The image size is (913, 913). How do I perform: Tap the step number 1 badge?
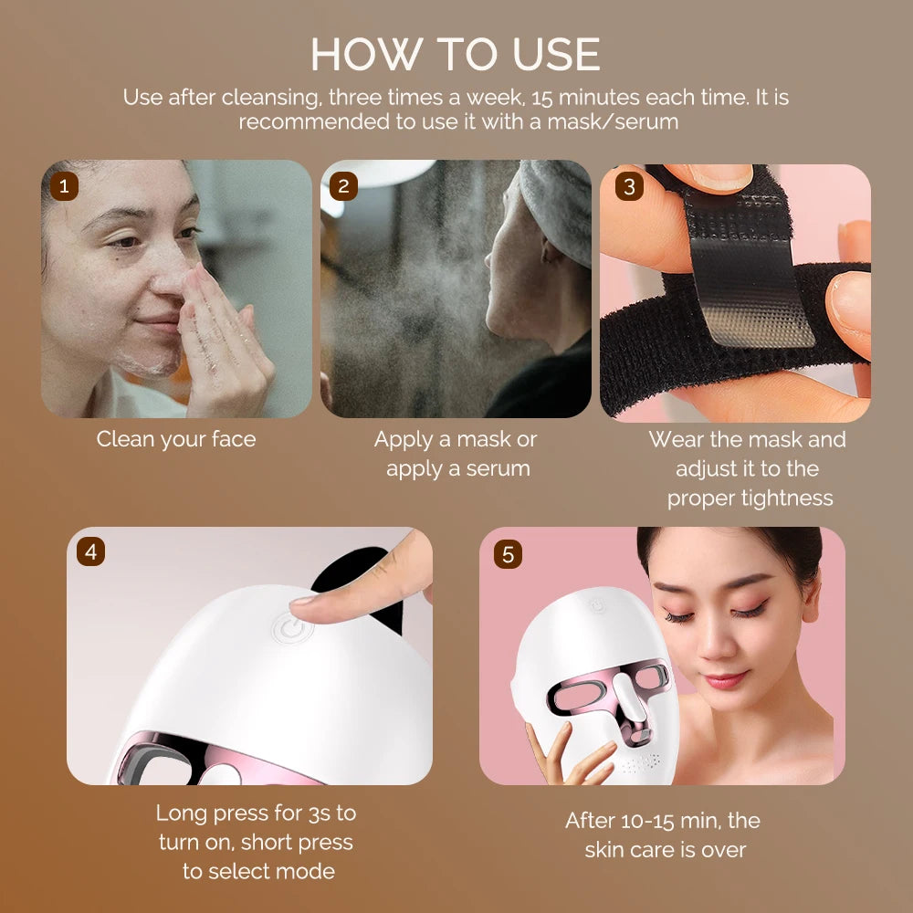point(63,186)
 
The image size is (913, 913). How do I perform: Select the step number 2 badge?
point(343,186)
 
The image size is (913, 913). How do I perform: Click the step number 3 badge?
point(628,186)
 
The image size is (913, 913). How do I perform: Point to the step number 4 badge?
point(90,551)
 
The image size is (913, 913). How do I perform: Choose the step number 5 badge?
point(508,553)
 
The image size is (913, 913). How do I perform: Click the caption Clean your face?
point(176,439)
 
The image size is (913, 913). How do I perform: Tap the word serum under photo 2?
point(498,468)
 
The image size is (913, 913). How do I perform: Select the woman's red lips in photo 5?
point(724,679)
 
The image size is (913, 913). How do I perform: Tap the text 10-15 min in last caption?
point(652,821)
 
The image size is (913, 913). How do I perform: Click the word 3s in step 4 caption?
point(320,813)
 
